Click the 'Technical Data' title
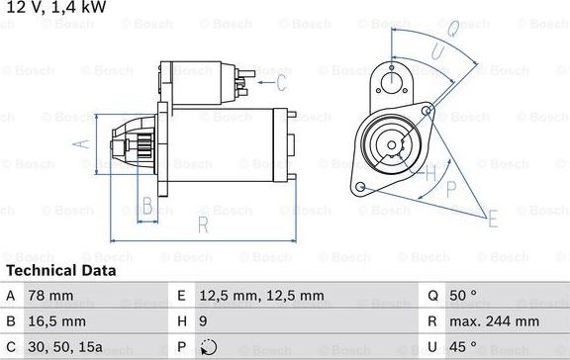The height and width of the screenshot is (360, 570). pos(60,270)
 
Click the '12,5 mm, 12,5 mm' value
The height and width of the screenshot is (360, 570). pos(261,295)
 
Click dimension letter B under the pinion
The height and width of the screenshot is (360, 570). pos(146,206)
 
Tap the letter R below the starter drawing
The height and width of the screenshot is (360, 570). pos(202,225)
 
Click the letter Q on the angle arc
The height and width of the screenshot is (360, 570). pos(449,30)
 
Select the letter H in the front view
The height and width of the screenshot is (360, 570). pos(430,174)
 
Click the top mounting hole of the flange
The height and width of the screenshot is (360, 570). pos(395,81)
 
